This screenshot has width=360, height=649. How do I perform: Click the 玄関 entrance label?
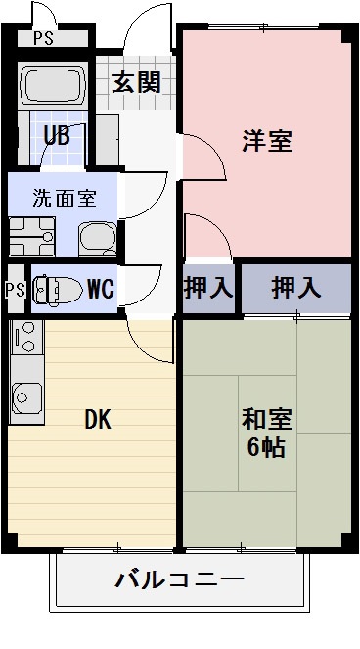[x=135, y=83]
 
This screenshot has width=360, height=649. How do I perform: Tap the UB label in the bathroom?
[x=57, y=135]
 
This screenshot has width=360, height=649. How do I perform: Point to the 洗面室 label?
[x=64, y=197]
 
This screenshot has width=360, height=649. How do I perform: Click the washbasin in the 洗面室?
[x=97, y=236]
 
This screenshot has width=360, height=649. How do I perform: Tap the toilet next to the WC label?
[x=58, y=290]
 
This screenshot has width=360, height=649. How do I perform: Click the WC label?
[x=101, y=290]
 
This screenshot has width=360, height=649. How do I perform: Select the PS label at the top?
[x=42, y=39]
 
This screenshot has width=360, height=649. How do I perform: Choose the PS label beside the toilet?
[x=14, y=290]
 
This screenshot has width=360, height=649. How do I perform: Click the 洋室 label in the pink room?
[x=267, y=140]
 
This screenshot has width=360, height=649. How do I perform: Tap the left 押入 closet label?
[x=208, y=289]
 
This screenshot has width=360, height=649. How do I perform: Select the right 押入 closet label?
[x=295, y=289]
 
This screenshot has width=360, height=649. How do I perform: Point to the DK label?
[x=97, y=421]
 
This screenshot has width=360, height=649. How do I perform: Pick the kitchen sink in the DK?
[x=23, y=397]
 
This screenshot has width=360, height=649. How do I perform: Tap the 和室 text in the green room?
[x=267, y=421]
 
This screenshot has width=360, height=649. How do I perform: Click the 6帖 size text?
[x=267, y=451]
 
